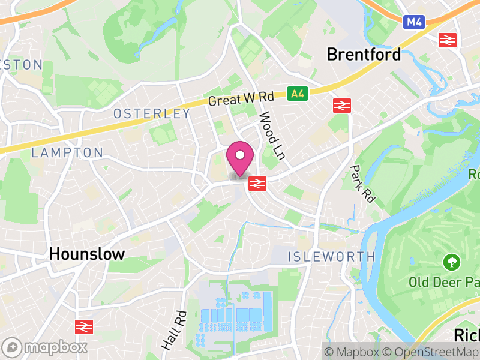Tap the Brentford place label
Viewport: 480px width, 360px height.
point(364,55)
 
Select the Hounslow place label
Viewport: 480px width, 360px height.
point(87,254)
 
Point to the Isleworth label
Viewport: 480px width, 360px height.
point(331,257)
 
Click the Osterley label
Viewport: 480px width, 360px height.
point(152,114)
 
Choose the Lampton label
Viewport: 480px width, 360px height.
point(67,153)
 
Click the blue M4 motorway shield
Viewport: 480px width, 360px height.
point(413,22)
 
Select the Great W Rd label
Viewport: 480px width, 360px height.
point(241,98)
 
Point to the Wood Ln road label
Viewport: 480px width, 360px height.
point(271,135)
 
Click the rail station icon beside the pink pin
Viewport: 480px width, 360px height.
point(257,183)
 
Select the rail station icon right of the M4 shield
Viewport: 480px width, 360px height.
point(448,40)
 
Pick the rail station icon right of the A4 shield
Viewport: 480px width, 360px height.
point(341,106)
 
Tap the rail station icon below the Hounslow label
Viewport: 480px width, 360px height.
point(83,327)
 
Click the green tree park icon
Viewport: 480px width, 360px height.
point(451,262)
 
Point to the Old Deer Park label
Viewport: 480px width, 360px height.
point(444,281)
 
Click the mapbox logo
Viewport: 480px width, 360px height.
point(45,347)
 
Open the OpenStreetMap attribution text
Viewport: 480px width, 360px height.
point(431,352)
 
